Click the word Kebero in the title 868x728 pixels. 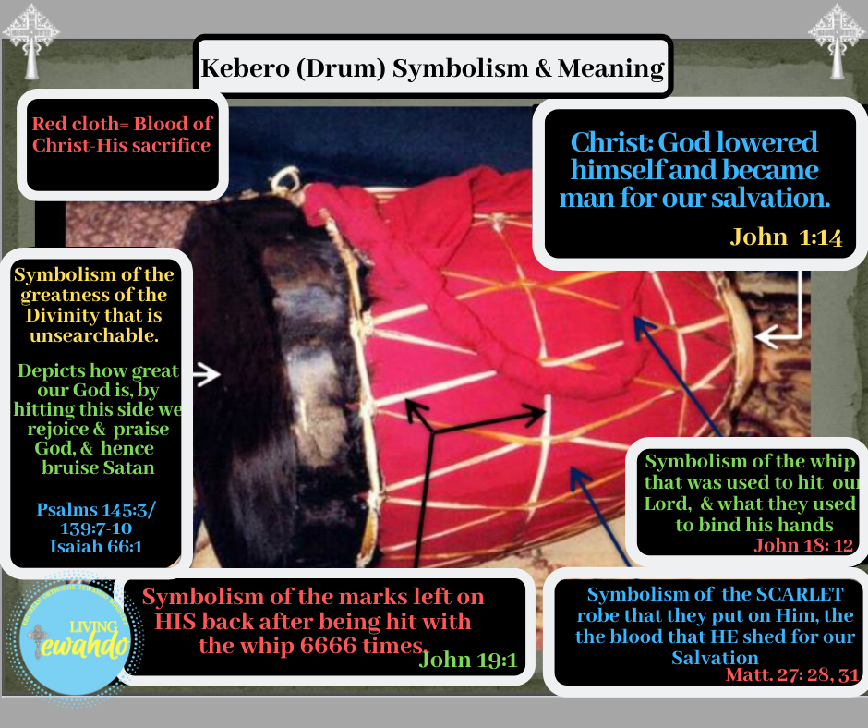[246, 68]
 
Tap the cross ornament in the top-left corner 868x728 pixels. [31, 40]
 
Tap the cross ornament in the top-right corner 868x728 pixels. [837, 40]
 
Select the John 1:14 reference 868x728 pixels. [786, 237]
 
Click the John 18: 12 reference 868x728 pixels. [803, 545]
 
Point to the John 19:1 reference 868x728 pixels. [468, 660]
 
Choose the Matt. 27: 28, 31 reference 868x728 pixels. [792, 674]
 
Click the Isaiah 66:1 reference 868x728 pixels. [96, 546]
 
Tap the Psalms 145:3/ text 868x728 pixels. [96, 509]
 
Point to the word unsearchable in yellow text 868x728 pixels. [94, 335]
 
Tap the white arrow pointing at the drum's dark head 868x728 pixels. [207, 374]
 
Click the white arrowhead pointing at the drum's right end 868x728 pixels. [766, 337]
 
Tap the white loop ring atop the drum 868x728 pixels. [286, 180]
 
